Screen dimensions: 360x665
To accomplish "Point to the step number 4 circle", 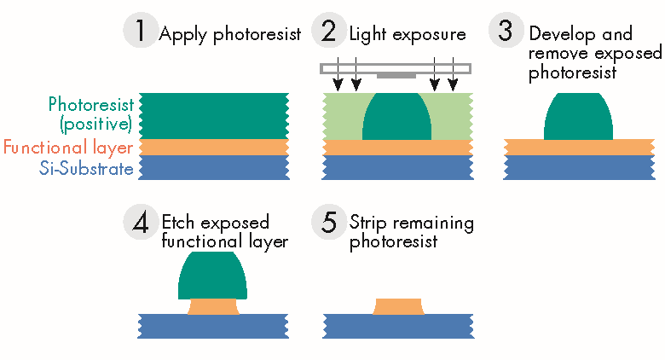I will coord(140,224).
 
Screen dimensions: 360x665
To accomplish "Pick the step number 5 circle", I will coord(328,224).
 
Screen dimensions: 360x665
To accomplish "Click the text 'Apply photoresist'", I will coord(230,35).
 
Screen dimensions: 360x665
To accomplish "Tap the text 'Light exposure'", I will coord(408,35).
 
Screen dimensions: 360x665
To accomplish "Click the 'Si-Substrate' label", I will coord(87,169).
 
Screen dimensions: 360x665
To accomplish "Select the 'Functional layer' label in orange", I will coord(68,148).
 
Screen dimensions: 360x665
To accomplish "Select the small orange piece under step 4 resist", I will coord(213,306).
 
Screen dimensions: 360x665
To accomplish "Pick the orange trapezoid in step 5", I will coord(398,306).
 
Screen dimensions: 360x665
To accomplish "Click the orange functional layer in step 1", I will coord(213,148).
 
